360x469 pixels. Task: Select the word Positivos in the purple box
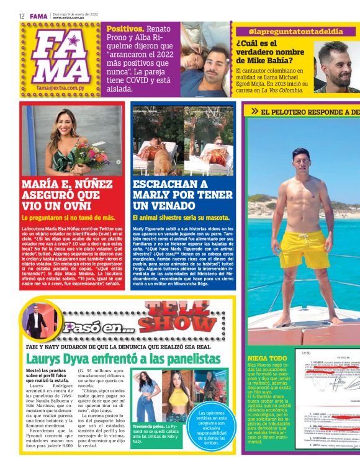pos(125,29)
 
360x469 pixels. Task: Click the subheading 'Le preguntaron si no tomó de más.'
pos(68,218)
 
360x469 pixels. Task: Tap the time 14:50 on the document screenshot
pos(305,353)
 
